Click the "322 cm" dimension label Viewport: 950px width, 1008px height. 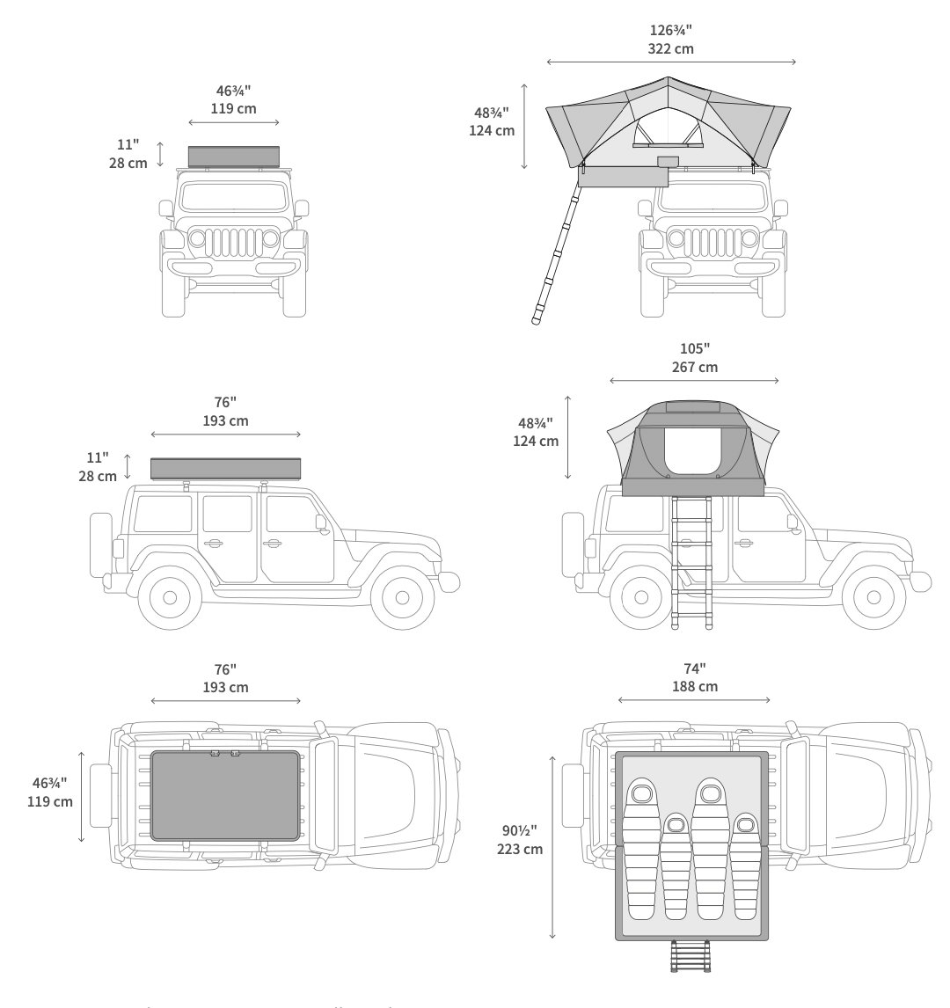click(x=670, y=49)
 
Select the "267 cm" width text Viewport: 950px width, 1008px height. click(x=694, y=368)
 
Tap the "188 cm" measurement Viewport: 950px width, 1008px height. click(x=694, y=686)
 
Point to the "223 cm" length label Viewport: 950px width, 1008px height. click(x=520, y=849)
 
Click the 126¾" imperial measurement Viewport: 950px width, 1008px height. click(x=670, y=29)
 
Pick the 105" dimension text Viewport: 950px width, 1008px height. click(x=694, y=347)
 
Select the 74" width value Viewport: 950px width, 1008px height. click(x=694, y=667)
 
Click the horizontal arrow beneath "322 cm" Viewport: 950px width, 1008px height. click(x=670, y=62)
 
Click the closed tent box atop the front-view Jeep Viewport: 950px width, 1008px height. click(x=233, y=157)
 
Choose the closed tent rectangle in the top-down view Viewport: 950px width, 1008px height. click(x=225, y=795)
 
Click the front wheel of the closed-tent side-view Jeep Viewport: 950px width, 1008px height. click(x=402, y=597)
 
